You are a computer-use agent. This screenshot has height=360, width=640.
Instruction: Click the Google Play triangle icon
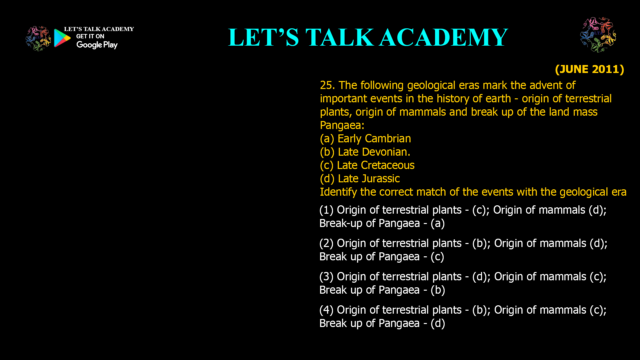pos(62,38)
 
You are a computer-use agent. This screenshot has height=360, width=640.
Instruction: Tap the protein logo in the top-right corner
pos(598,35)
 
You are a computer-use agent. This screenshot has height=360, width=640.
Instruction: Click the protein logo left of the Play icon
pos(38,39)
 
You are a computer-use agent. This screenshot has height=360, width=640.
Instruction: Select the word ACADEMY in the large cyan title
pos(444,37)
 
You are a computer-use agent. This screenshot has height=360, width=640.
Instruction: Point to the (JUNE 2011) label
pos(589,69)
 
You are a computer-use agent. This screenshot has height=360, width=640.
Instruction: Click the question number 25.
pos(327,85)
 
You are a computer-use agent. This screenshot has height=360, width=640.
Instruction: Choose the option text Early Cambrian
pos(374,139)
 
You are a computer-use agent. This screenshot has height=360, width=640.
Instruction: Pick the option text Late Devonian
pos(374,152)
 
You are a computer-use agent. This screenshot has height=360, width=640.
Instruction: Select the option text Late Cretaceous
pos(376,165)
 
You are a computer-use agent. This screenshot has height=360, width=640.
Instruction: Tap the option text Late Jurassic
pos(369,179)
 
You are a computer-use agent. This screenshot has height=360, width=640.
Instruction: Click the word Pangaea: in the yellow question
pos(342,126)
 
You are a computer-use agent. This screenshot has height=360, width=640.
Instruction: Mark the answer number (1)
pos(326,210)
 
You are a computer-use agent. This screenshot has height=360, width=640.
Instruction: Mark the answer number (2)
pos(326,243)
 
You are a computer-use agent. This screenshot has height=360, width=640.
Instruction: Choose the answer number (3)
pos(326,277)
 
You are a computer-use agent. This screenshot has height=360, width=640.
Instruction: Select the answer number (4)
pos(326,310)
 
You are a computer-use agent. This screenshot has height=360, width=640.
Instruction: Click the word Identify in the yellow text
pos(339,192)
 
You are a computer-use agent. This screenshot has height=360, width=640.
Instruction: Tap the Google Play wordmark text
pos(97,45)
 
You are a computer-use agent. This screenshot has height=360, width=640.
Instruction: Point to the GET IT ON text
pos(90,36)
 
